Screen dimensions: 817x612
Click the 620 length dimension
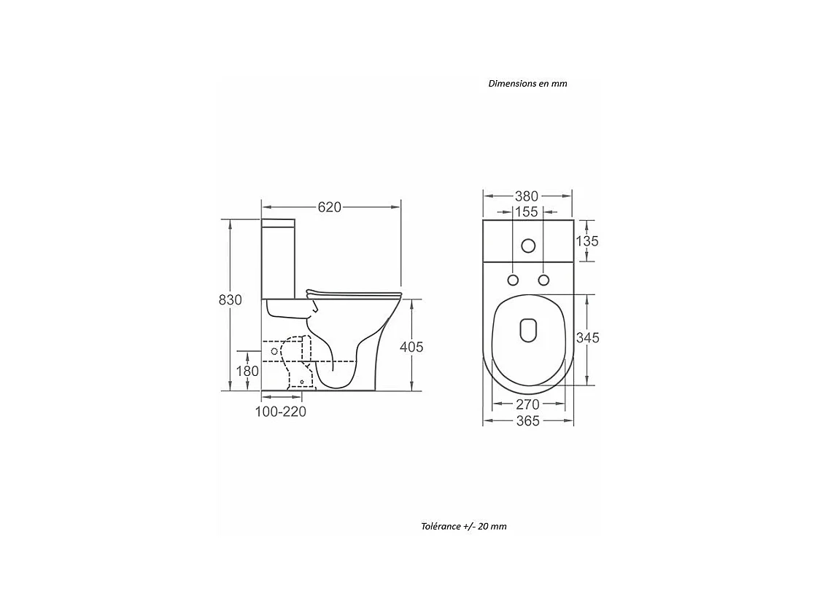[329, 207]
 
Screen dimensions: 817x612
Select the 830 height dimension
[231, 299]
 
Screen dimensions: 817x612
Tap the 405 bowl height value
[411, 347]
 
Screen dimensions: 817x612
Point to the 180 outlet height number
[247, 371]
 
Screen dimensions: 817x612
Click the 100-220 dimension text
[280, 412]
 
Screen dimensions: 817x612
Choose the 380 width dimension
[526, 196]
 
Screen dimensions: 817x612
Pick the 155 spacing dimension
[526, 212]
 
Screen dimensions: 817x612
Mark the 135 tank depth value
[587, 241]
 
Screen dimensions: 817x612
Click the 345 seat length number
[588, 338]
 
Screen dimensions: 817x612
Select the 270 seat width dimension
[527, 404]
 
